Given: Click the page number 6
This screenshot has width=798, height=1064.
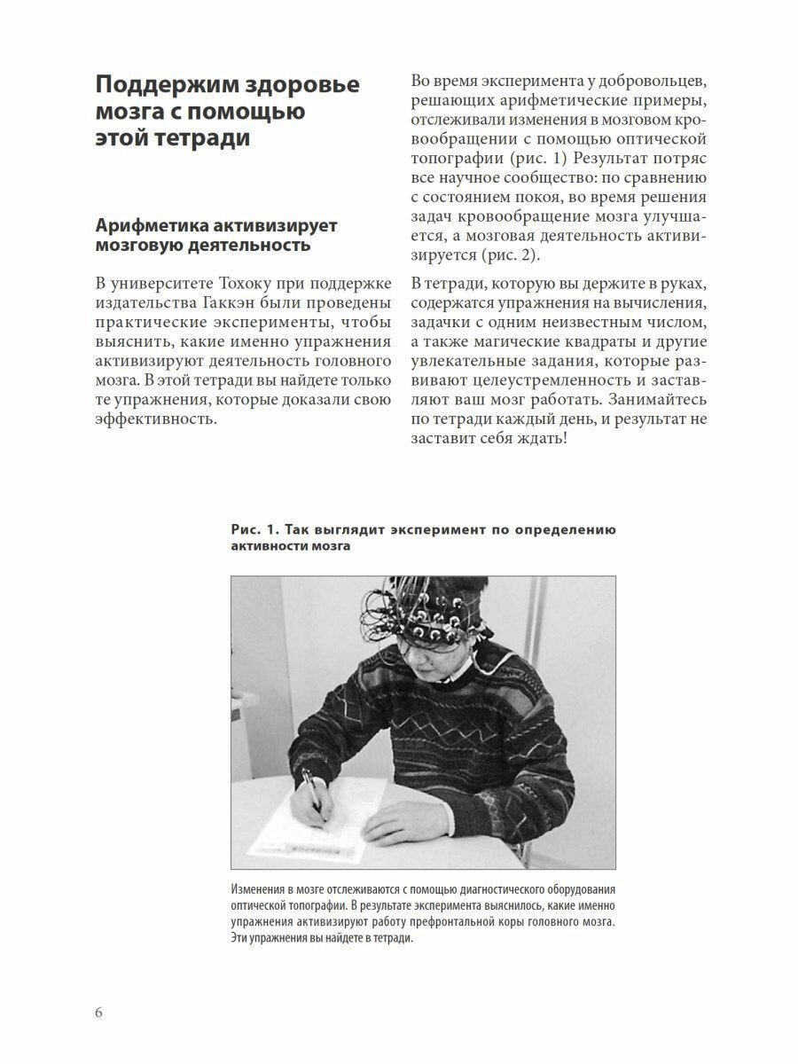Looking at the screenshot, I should point(98,1013).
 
